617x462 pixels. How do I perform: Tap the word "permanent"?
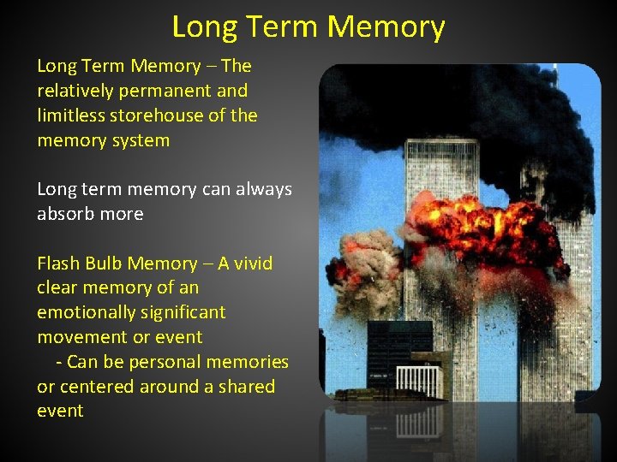[x=168, y=91]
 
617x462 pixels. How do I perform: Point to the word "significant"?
[x=183, y=313]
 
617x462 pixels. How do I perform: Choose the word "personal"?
[x=163, y=362]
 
